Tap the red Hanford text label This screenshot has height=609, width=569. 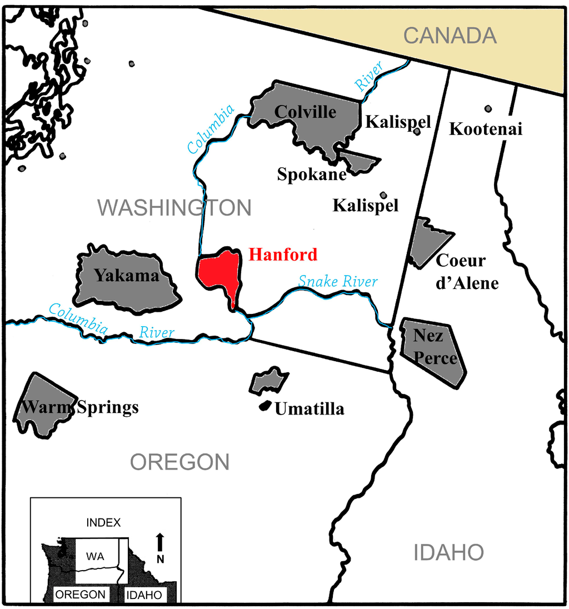click(283, 254)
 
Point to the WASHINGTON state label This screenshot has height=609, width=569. click(174, 208)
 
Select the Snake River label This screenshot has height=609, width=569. click(338, 281)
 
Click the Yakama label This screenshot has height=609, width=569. click(127, 275)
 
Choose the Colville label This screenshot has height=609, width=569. click(305, 112)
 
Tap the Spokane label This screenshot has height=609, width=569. click(312, 174)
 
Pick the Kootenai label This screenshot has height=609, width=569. click(486, 129)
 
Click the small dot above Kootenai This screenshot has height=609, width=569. click(488, 109)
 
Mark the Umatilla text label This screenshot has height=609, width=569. click(310, 410)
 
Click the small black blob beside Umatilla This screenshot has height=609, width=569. click(265, 406)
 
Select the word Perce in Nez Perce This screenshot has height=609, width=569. click(436, 358)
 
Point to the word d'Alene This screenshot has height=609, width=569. click(467, 283)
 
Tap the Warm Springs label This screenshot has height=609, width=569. click(79, 407)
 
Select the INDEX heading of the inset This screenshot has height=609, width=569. click(103, 522)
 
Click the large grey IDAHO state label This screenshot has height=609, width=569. click(448, 552)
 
